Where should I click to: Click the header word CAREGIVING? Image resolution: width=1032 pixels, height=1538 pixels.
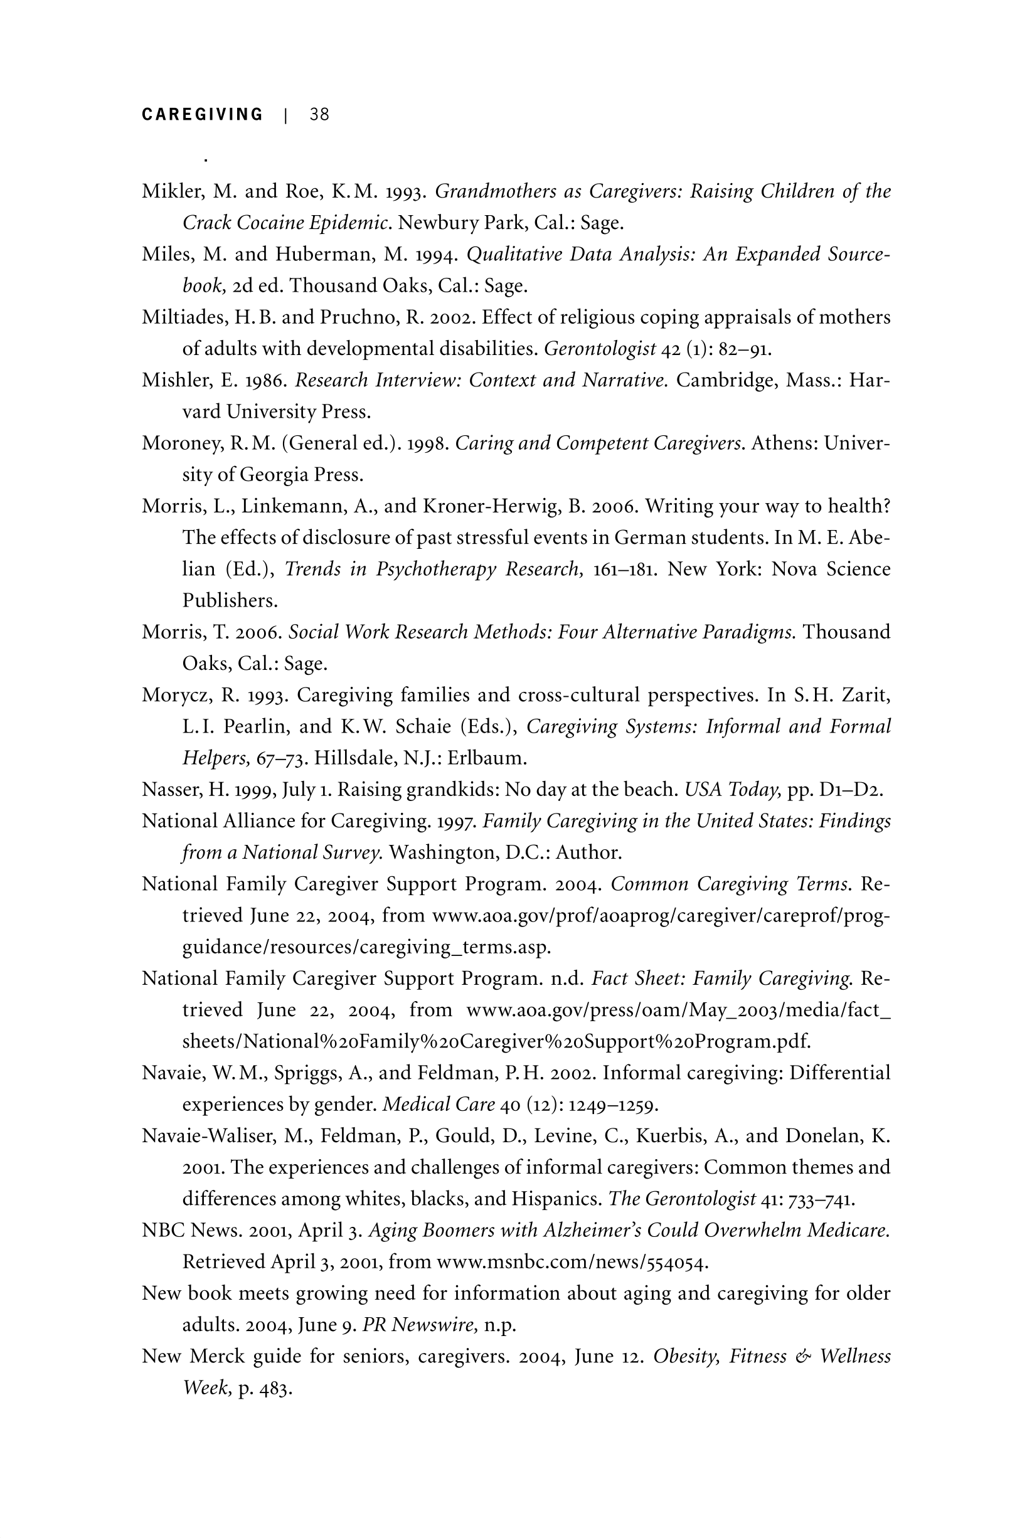(x=202, y=115)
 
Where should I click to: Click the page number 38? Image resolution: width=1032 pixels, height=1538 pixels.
(x=320, y=115)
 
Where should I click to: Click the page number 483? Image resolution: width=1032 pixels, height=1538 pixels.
(x=274, y=1389)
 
